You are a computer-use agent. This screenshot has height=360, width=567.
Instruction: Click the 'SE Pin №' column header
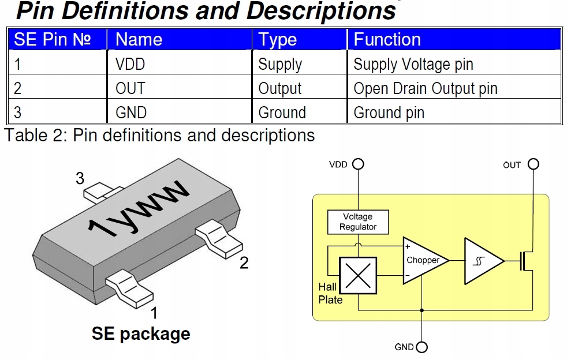pos(52,39)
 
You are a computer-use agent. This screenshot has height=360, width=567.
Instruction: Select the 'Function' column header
pos(387,39)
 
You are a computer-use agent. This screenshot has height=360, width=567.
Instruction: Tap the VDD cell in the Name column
pos(130,65)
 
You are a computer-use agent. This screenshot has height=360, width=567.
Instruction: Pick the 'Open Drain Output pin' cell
pos(425,88)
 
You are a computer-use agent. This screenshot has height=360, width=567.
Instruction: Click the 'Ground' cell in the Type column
pos(282,112)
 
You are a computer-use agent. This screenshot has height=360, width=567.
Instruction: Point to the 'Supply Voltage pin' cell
pos(413,65)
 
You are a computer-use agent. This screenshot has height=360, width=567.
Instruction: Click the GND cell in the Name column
pos(131,112)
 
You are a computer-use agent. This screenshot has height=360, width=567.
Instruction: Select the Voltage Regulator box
pos(358,222)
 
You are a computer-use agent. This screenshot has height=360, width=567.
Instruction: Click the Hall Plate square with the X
pos(358,275)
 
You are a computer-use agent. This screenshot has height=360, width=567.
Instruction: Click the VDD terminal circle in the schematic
pos(358,164)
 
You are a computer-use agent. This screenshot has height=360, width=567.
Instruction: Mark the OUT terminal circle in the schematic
pos(534,164)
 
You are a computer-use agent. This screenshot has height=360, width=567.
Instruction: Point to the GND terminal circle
pos(421,347)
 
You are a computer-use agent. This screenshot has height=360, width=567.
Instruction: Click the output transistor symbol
pos(526,261)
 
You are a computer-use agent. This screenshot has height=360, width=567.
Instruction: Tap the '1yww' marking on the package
pos(138,208)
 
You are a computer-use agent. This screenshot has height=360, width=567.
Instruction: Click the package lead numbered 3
pos(102,192)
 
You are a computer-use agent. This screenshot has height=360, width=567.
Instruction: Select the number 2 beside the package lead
pos(244,262)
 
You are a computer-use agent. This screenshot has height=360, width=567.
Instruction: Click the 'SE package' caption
pos(141,333)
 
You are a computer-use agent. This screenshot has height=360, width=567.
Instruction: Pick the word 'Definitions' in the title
pos(125,10)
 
